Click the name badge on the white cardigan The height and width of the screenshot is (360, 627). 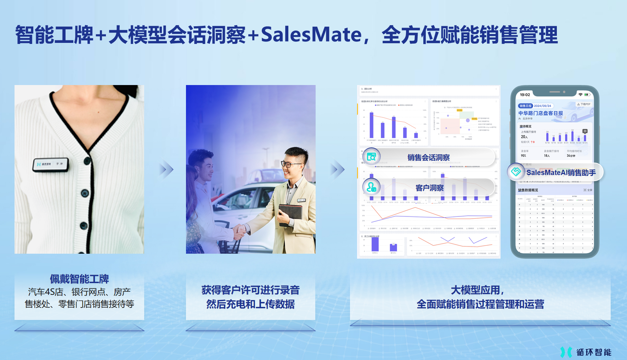tap(50, 165)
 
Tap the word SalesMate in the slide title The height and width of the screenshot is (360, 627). tap(311, 35)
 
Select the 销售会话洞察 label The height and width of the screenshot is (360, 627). tap(428, 158)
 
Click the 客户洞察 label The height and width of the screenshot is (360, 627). tap(429, 188)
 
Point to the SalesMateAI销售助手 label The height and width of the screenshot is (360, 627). tap(561, 173)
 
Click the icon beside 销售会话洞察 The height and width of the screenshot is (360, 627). tap(371, 156)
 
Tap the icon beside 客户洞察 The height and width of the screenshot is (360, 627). tap(371, 187)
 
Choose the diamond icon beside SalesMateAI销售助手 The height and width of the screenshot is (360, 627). tap(516, 172)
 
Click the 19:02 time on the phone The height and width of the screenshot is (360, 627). tap(525, 95)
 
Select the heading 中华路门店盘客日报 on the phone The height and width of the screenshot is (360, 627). tap(541, 113)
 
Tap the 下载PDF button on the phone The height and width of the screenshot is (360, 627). tap(584, 104)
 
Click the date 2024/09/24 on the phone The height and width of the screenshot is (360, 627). tap(542, 106)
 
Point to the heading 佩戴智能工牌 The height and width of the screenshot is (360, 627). tap(79, 279)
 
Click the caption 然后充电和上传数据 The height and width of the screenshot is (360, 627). tap(250, 304)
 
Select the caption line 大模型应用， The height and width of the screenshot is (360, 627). tap(477, 290)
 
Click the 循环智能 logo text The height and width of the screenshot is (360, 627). tap(594, 352)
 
